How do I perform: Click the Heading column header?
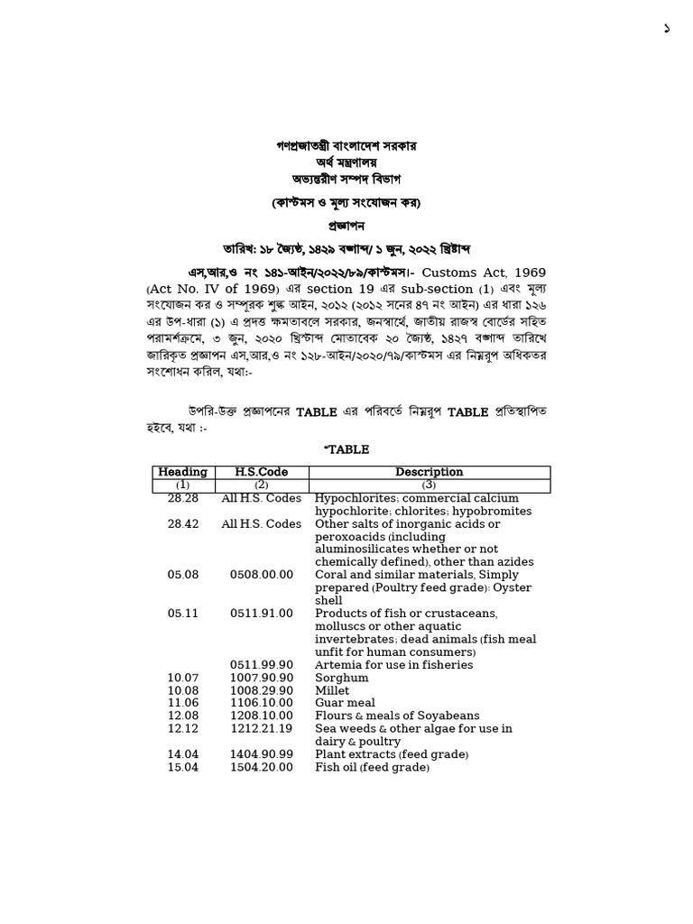pyautogui.click(x=183, y=472)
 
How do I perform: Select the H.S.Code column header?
pyautogui.click(x=261, y=472)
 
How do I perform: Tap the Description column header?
pyautogui.click(x=429, y=472)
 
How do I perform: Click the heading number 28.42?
pyautogui.click(x=183, y=524)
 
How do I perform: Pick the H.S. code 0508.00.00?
pyautogui.click(x=261, y=575)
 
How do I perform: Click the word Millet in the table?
pyautogui.click(x=332, y=690)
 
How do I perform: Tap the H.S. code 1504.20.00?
pyautogui.click(x=261, y=767)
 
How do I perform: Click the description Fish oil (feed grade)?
pyautogui.click(x=372, y=767)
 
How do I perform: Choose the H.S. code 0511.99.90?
pyautogui.click(x=261, y=665)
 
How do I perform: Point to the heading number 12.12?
pyautogui.click(x=183, y=728)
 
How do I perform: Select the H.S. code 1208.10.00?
pyautogui.click(x=261, y=716)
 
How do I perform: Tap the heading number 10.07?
pyautogui.click(x=183, y=678)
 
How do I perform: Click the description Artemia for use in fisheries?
pyautogui.click(x=393, y=665)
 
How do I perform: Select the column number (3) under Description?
pyautogui.click(x=429, y=485)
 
